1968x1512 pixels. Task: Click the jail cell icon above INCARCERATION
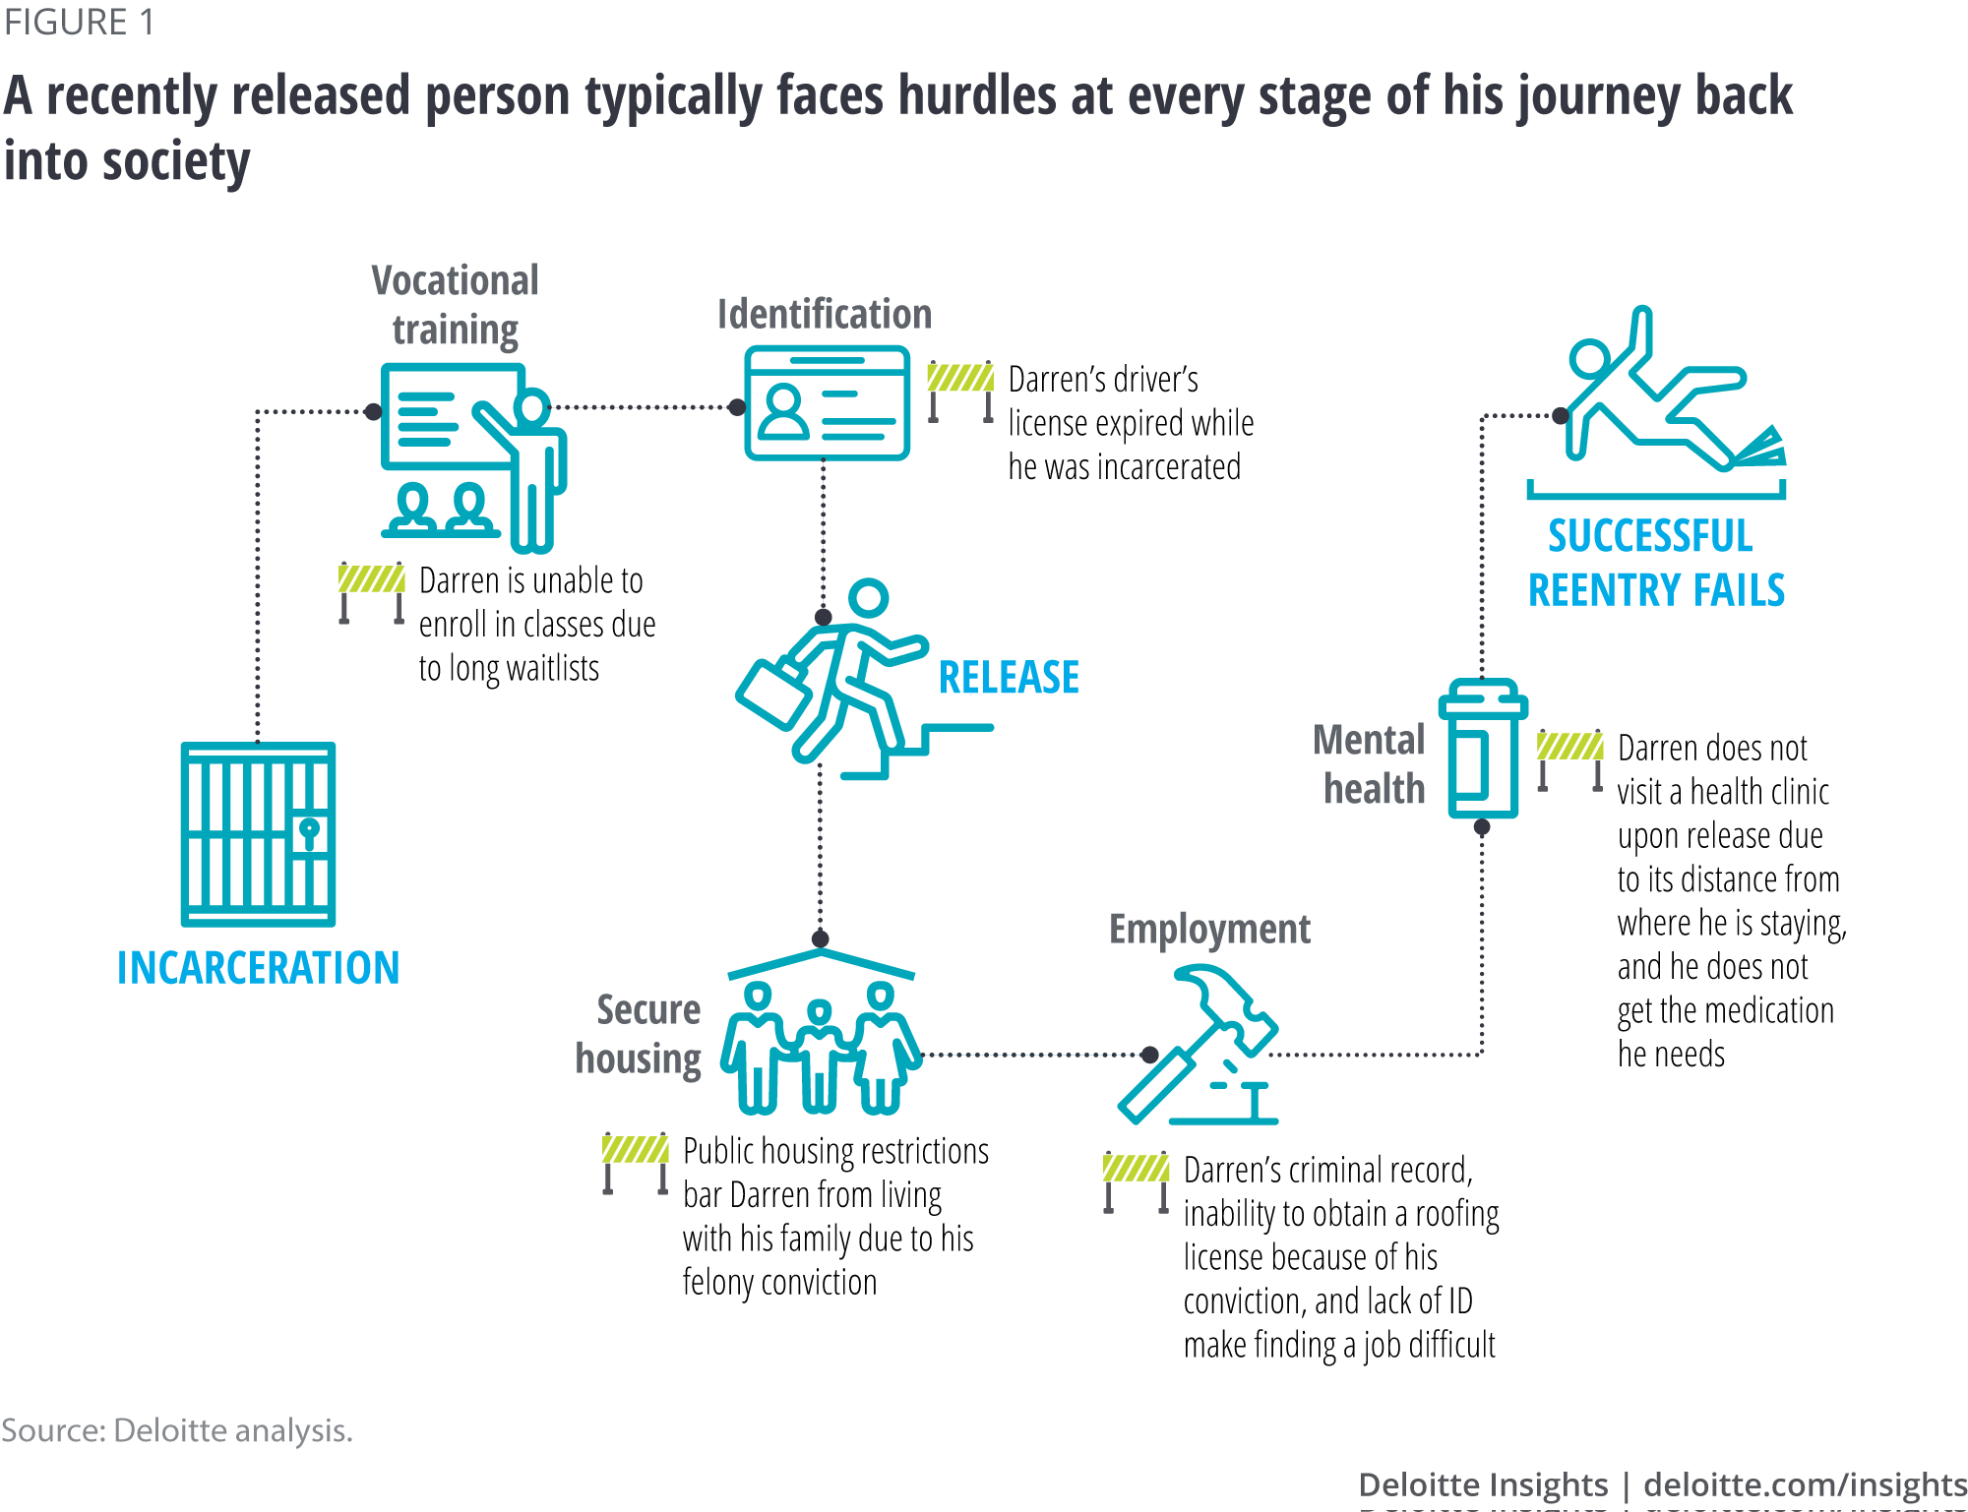click(258, 834)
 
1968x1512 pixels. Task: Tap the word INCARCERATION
click(258, 968)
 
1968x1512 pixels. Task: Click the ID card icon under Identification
click(827, 403)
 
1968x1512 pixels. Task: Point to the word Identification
click(824, 315)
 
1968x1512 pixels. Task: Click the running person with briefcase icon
click(836, 679)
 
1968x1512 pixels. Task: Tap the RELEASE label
click(1009, 678)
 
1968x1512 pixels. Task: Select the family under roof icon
click(820, 1033)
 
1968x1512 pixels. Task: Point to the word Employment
click(1209, 930)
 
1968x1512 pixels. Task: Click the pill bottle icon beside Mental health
click(1482, 749)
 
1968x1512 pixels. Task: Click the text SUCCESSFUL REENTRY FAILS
click(1656, 564)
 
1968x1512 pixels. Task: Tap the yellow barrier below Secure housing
click(635, 1162)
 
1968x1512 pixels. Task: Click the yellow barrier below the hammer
click(1136, 1180)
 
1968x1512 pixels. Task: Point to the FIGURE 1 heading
click(79, 23)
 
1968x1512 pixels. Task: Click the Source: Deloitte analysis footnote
click(177, 1430)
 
